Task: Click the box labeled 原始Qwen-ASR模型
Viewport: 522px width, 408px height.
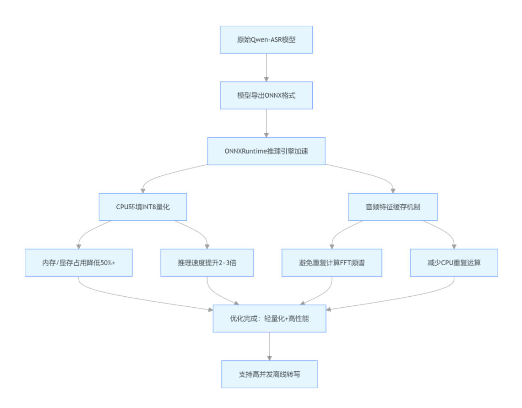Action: point(266,39)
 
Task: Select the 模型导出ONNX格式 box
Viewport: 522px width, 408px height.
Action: point(266,95)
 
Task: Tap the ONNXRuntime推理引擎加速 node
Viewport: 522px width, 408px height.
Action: point(266,151)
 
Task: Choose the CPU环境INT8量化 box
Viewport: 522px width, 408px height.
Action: point(143,207)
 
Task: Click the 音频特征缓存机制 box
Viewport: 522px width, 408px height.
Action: point(393,207)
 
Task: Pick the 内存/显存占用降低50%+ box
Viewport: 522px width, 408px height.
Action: point(79,263)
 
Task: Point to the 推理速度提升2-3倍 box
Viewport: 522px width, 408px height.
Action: point(207,263)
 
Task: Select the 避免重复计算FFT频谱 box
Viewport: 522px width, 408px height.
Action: point(332,263)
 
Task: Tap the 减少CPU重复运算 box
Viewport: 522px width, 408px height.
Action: point(454,263)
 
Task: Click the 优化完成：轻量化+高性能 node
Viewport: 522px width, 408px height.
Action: point(269,318)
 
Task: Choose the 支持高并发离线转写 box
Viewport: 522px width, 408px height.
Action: point(269,374)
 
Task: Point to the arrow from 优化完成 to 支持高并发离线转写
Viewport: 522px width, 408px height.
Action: point(269,346)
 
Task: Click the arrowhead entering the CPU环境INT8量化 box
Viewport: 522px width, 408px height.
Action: point(143,190)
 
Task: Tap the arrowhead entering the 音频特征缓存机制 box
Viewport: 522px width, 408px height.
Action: point(393,190)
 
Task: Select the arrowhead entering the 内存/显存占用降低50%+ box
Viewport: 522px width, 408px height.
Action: point(79,246)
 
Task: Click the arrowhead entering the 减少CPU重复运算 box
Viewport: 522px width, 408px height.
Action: point(454,246)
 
